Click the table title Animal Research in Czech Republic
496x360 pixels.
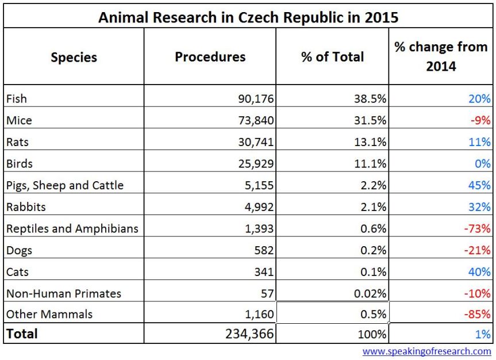coord(248,17)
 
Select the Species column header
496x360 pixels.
coord(74,58)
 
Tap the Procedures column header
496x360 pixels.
coord(210,57)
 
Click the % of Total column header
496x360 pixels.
coord(332,57)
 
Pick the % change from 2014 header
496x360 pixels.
coord(441,56)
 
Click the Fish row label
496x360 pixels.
coord(17,99)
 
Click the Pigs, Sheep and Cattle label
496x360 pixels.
coord(65,185)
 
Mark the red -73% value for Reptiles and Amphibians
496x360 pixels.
coord(478,229)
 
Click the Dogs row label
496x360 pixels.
coord(19,251)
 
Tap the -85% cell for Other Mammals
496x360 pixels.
coord(478,315)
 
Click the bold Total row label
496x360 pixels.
coord(22,334)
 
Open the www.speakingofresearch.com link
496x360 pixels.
coord(426,351)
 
